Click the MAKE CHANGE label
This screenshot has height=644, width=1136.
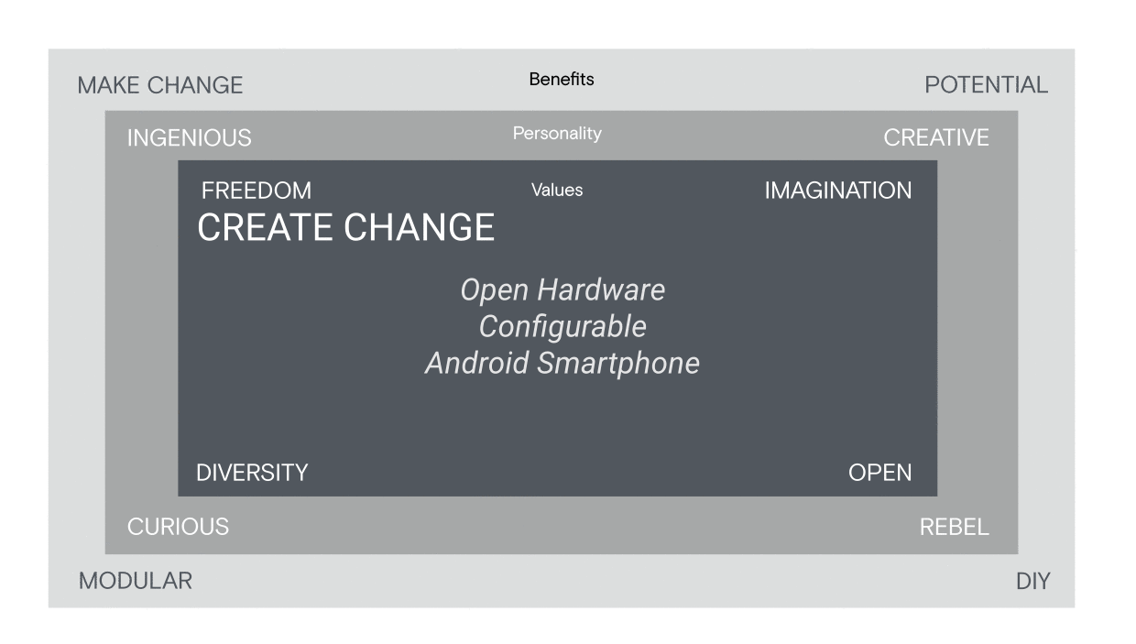[x=160, y=85]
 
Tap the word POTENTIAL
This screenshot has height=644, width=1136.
[x=987, y=84]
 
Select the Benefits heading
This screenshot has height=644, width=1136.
[x=562, y=79]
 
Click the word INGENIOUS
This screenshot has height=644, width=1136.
[x=189, y=138]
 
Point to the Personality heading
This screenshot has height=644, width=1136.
[x=557, y=134]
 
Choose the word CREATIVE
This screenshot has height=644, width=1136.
[x=936, y=137]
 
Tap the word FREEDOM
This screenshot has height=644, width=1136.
[x=257, y=191]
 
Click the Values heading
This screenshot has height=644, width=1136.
[x=557, y=191]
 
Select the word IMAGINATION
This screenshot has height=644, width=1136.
[x=837, y=191]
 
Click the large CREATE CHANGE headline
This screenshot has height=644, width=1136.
[x=346, y=227]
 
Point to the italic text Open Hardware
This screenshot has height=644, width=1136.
[x=563, y=290]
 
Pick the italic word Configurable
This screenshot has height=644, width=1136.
[x=563, y=326]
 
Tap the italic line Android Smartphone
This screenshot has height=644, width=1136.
[x=563, y=363]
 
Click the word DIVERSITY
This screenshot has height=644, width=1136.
[x=252, y=473]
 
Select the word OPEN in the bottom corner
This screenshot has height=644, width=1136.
[x=879, y=473]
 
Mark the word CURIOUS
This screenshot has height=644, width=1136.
[x=178, y=527]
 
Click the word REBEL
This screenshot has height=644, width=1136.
[x=955, y=527]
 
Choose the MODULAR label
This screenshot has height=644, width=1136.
[x=136, y=581]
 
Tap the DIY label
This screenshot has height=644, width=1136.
[x=1033, y=581]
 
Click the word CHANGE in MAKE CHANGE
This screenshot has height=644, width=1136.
[x=195, y=85]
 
